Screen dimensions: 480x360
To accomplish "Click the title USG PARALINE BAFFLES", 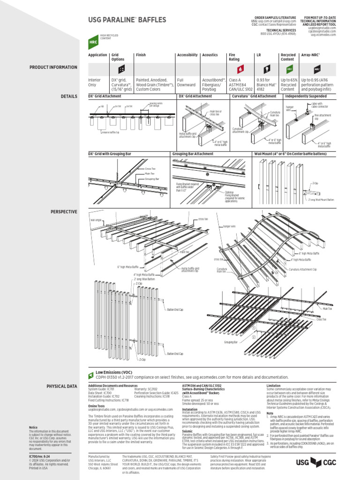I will [127, 20].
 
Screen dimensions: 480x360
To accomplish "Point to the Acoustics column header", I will [210, 55].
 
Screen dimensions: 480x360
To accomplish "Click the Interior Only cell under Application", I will [95, 82].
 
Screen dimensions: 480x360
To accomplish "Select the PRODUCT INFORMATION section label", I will [53, 67].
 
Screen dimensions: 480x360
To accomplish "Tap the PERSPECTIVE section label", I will [64, 212].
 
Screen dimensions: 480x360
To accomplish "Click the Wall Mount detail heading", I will [290, 154].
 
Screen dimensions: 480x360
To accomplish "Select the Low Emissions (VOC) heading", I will [114, 372].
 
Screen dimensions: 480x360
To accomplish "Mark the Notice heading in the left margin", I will [33, 427].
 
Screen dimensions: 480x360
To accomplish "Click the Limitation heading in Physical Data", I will [274, 385].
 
